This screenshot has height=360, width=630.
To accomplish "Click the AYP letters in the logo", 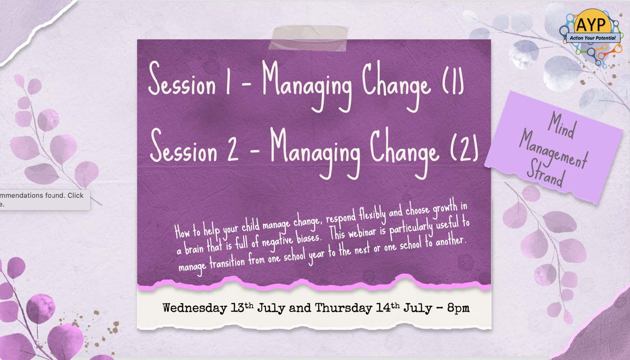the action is point(591,24).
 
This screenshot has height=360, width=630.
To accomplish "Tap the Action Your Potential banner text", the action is point(592,38).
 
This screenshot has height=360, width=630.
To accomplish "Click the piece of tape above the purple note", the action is point(309,38).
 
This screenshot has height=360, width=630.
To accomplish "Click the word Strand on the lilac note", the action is point(546,174).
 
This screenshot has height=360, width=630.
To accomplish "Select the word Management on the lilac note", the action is point(553,151).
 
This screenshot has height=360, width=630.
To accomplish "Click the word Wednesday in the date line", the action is point(194,308).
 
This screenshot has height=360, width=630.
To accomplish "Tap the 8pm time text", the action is point(458,308).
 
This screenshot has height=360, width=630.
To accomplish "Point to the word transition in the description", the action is point(227,263).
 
